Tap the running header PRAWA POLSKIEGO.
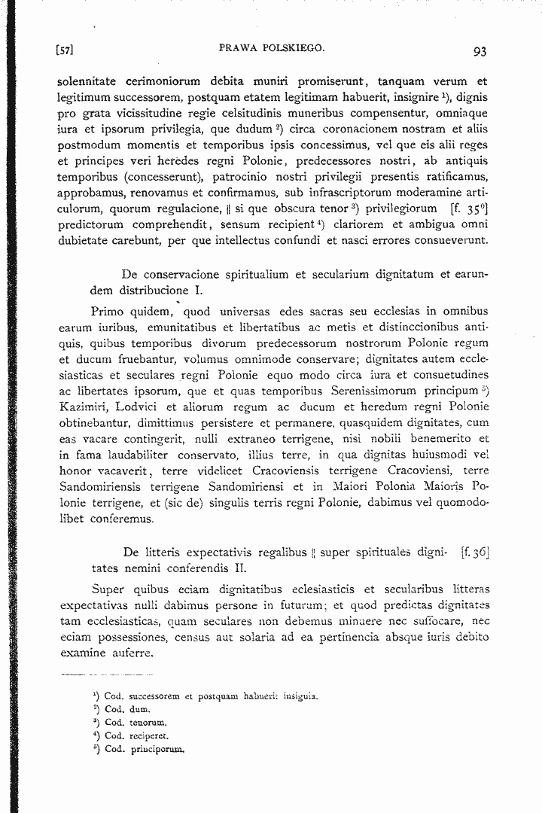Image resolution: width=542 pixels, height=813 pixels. click(272, 49)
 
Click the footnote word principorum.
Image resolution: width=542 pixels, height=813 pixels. click(154, 749)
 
